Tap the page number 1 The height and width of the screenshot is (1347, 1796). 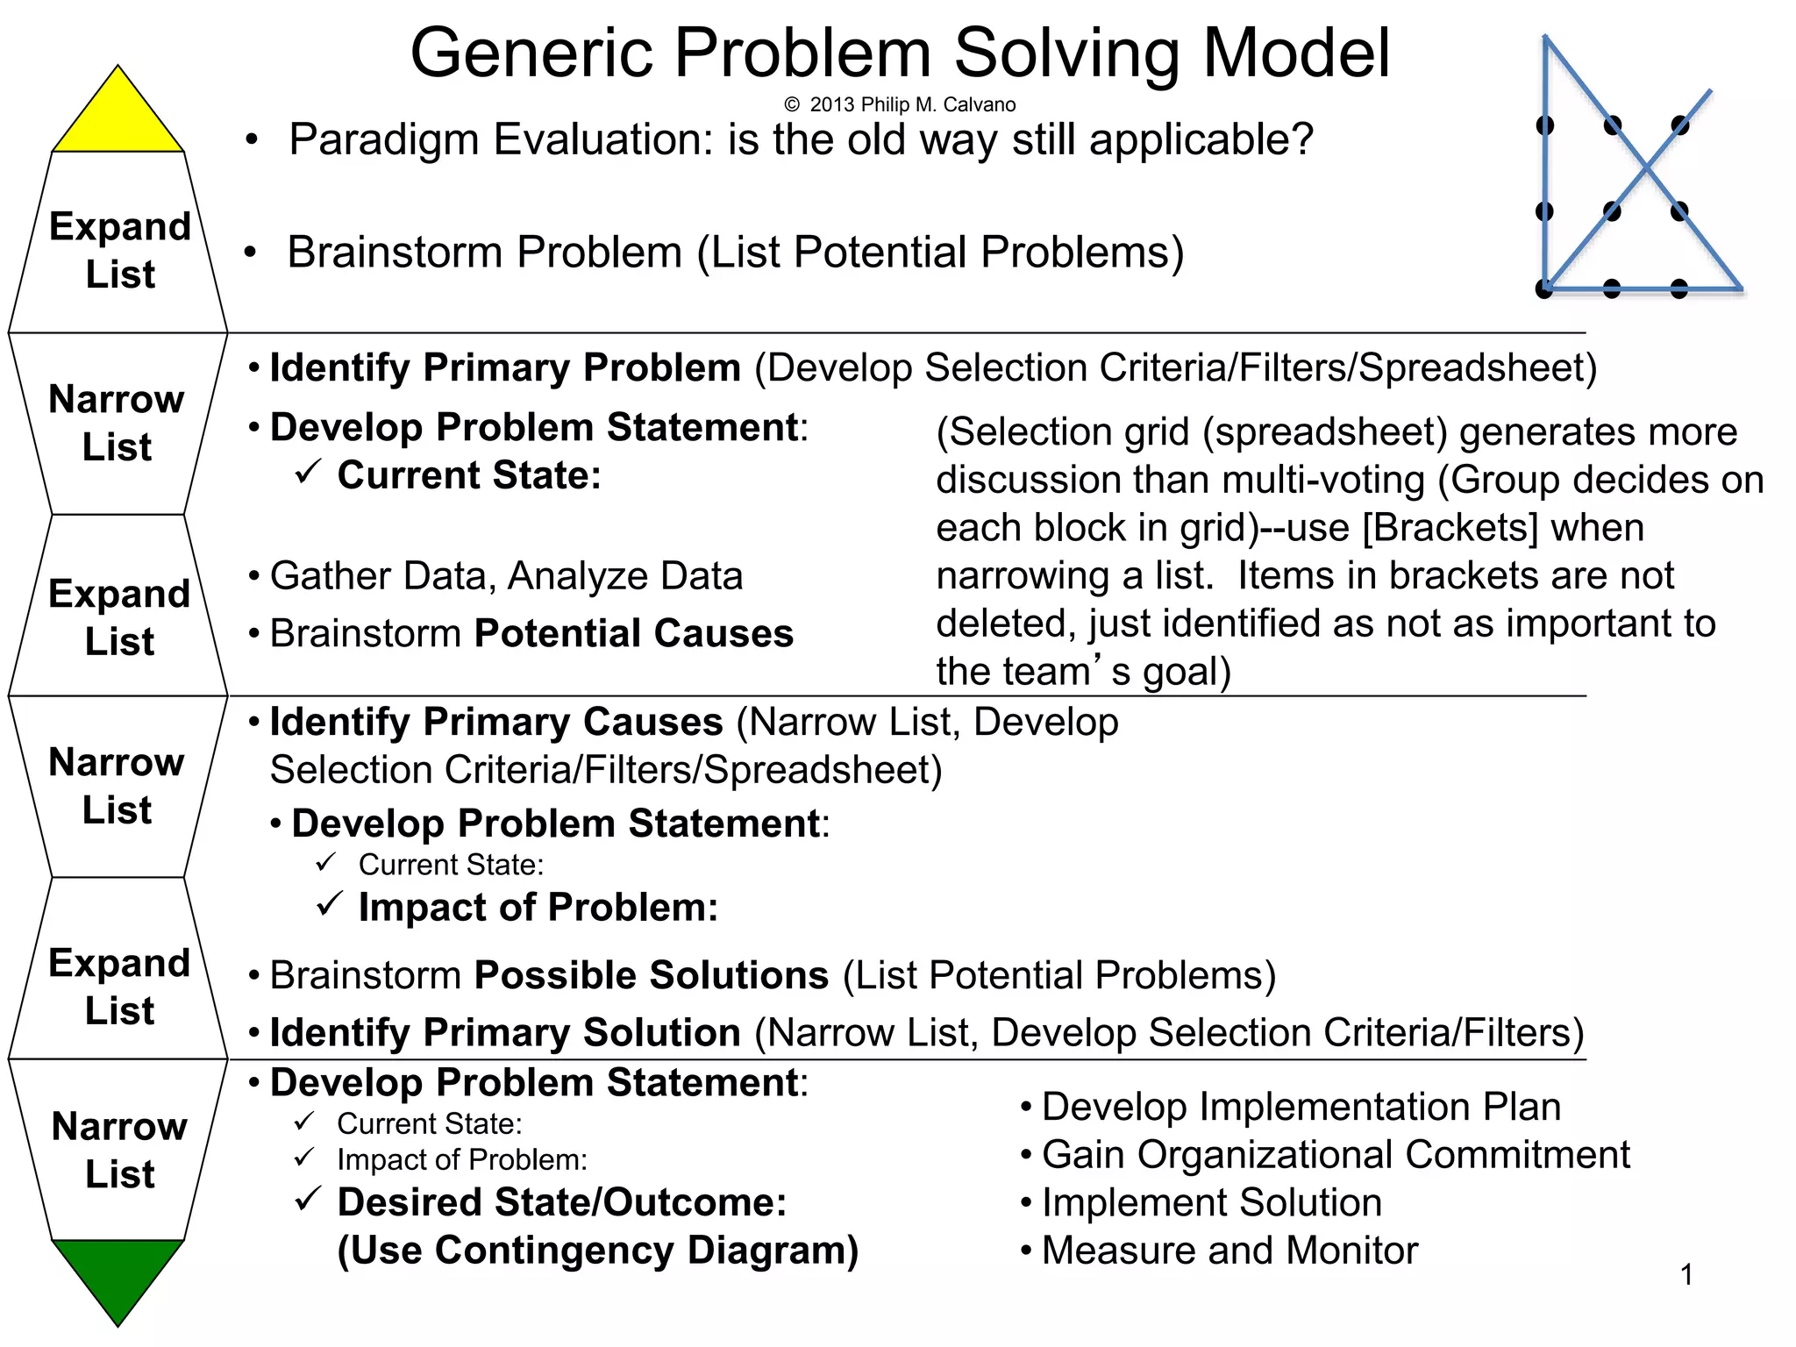click(1686, 1274)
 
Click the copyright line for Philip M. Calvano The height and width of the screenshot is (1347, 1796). click(900, 105)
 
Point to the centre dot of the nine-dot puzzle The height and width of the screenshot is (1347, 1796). click(1612, 210)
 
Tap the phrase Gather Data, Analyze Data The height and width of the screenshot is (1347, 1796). click(506, 576)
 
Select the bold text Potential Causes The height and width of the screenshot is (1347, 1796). click(633, 633)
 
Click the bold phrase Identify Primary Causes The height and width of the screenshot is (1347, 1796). click(496, 722)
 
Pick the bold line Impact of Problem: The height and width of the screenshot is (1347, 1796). click(538, 907)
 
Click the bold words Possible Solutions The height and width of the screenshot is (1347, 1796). click(651, 975)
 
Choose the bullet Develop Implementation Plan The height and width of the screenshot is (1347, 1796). click(1301, 1107)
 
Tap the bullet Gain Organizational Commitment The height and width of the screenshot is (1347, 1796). click(1335, 1155)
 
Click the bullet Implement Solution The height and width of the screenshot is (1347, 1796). click(1211, 1202)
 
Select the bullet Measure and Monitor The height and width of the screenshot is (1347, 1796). click(1229, 1251)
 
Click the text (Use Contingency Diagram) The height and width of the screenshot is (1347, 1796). click(597, 1251)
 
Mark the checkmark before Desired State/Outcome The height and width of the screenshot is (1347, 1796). click(308, 1199)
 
